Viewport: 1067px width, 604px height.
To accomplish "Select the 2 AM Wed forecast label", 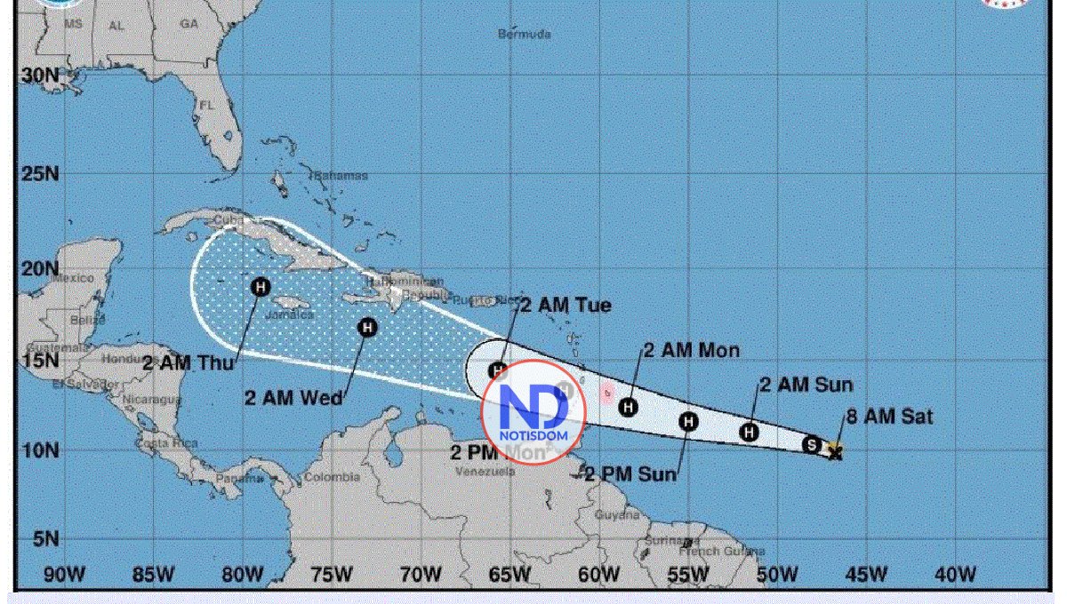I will tap(293, 398).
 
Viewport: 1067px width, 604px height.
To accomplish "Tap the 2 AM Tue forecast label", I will tap(566, 306).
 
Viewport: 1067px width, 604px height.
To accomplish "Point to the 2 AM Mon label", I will tap(691, 351).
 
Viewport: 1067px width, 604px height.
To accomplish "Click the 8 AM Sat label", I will tap(889, 416).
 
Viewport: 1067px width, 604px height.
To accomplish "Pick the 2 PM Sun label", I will tap(630, 474).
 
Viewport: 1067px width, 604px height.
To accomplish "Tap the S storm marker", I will tap(811, 444).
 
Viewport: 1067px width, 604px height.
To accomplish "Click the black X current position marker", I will tap(835, 453).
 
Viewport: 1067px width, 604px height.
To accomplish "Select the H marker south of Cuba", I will tap(260, 286).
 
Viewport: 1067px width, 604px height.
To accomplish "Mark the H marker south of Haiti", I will tap(367, 328).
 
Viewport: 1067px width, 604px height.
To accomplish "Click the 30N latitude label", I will tap(40, 75).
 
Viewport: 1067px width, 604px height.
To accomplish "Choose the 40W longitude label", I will tap(955, 575).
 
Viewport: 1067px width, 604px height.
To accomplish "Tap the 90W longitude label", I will tap(64, 575).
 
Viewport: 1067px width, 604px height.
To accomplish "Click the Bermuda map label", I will tap(524, 34).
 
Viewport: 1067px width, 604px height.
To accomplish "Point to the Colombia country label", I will tap(332, 477).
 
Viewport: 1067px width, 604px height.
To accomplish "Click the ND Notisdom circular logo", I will tap(534, 412).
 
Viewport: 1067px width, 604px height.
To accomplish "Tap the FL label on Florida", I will tap(207, 105).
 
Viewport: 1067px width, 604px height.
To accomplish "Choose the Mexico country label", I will tap(72, 278).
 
